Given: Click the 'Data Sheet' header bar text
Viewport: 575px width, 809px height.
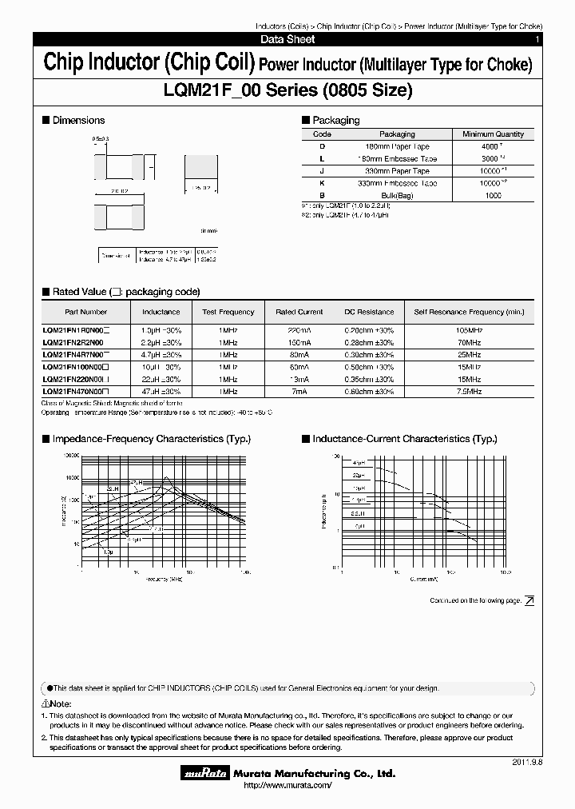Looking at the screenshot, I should pos(287,39).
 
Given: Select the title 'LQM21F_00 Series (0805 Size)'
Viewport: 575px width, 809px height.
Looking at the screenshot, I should pos(287,91).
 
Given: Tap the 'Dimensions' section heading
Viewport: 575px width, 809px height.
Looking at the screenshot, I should pos(78,121).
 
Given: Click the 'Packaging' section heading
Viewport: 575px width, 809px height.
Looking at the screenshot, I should pos(335,121).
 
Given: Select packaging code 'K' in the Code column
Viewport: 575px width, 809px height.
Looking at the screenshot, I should pos(322,183).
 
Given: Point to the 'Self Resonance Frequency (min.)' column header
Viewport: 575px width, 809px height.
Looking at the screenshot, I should pos(469,312).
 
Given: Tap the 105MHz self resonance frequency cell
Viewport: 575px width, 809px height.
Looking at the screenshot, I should pos(469,329).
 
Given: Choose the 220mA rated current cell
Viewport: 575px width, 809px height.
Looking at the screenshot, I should pos(299,329).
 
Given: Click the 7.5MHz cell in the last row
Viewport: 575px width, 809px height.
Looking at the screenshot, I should pos(469,392).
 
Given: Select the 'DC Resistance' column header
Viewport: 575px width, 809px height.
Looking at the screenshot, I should pos(369,312).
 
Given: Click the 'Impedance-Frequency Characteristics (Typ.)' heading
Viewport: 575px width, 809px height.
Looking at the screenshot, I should pos(151,439).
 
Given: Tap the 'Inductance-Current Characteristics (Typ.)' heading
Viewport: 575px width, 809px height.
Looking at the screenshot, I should pos(405,439).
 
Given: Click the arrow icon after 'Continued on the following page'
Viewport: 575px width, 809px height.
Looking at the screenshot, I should pos(529,600).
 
